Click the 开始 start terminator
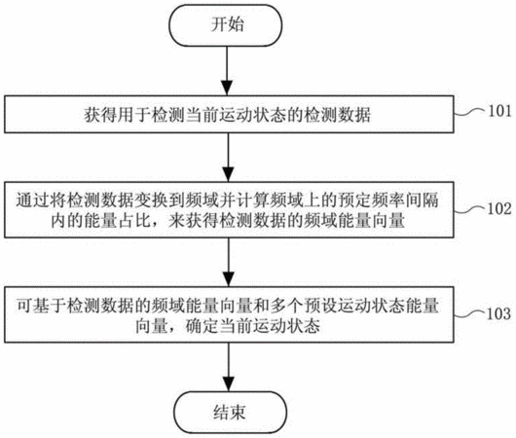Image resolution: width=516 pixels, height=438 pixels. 226,25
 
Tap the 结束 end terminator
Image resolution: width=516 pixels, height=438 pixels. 230,413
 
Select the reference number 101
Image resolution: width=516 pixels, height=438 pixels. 499,111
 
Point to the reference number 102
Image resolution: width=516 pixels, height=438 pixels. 499,208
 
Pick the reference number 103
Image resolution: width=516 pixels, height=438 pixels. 499,313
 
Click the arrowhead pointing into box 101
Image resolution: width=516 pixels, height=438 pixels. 227,89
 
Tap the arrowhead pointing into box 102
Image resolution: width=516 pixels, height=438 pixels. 228,174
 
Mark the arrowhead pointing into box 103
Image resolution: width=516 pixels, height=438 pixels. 229,279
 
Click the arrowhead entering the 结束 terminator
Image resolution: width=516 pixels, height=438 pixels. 229,384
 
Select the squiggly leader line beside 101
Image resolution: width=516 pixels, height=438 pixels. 470,112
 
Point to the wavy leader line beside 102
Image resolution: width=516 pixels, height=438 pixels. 470,210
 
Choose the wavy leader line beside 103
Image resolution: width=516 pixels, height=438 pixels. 470,315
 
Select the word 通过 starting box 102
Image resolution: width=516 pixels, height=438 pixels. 32,201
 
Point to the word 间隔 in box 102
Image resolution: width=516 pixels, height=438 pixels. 422,201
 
